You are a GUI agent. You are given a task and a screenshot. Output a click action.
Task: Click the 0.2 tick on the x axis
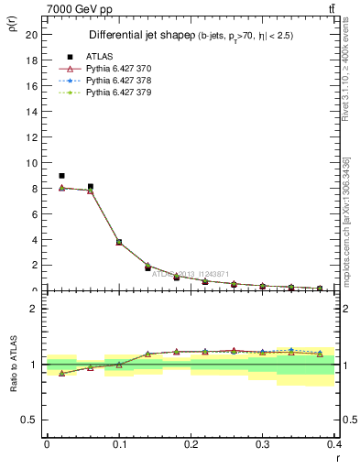point(191,443)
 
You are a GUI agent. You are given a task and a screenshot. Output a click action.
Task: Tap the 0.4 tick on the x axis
point(334,443)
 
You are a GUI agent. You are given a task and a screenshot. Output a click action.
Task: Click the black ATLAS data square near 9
point(61,176)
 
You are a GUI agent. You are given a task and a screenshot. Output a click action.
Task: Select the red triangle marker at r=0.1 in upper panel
point(119,242)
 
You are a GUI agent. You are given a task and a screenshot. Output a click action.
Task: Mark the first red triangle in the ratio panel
point(61,373)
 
